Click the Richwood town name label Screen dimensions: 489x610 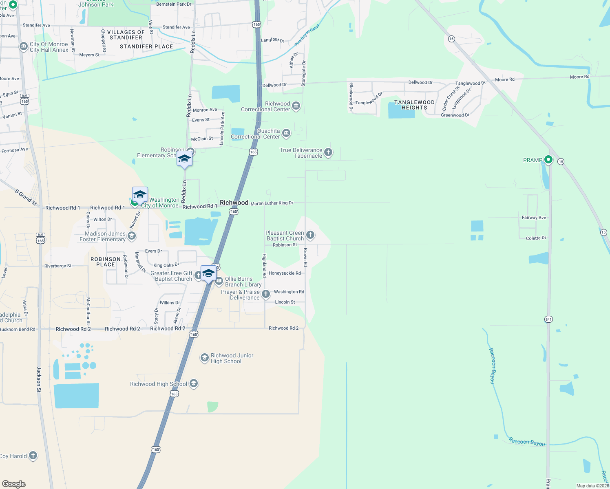[x=234, y=203]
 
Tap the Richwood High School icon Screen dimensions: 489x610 [x=194, y=383]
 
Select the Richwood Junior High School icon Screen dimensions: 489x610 [x=204, y=358]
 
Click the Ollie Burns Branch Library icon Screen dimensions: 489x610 [x=219, y=281]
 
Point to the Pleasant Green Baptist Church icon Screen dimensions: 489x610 [x=310, y=235]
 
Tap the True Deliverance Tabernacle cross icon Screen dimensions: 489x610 [x=328, y=152]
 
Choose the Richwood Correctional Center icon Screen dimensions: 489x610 [x=296, y=106]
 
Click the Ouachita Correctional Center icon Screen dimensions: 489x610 [x=286, y=133]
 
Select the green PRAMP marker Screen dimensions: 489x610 [x=548, y=160]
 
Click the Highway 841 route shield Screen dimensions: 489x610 [x=548, y=319]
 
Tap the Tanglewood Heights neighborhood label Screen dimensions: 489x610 [x=414, y=105]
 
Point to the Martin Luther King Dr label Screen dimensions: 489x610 [x=272, y=203]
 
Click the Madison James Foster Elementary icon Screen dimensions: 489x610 [x=131, y=236]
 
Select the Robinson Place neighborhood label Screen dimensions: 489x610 [x=106, y=262]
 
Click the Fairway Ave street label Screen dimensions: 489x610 [x=534, y=218]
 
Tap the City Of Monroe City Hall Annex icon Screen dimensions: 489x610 [x=24, y=46]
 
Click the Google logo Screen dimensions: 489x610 [x=14, y=484]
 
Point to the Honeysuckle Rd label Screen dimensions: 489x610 [x=285, y=273]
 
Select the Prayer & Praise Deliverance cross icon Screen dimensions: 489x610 [x=266, y=294]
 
